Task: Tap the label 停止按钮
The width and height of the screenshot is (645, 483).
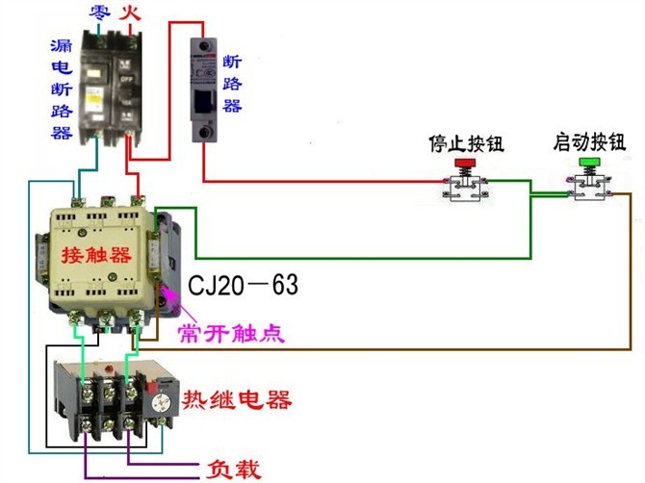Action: point(466,144)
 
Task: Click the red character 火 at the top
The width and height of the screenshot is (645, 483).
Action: point(128,13)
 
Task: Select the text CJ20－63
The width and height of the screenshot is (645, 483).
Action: point(243,285)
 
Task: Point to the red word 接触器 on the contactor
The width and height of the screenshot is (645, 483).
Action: point(94,255)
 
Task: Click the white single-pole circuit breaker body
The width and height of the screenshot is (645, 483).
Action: point(203,91)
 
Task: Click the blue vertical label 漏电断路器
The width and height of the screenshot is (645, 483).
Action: point(61,89)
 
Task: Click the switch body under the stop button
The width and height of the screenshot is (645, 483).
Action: point(466,190)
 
